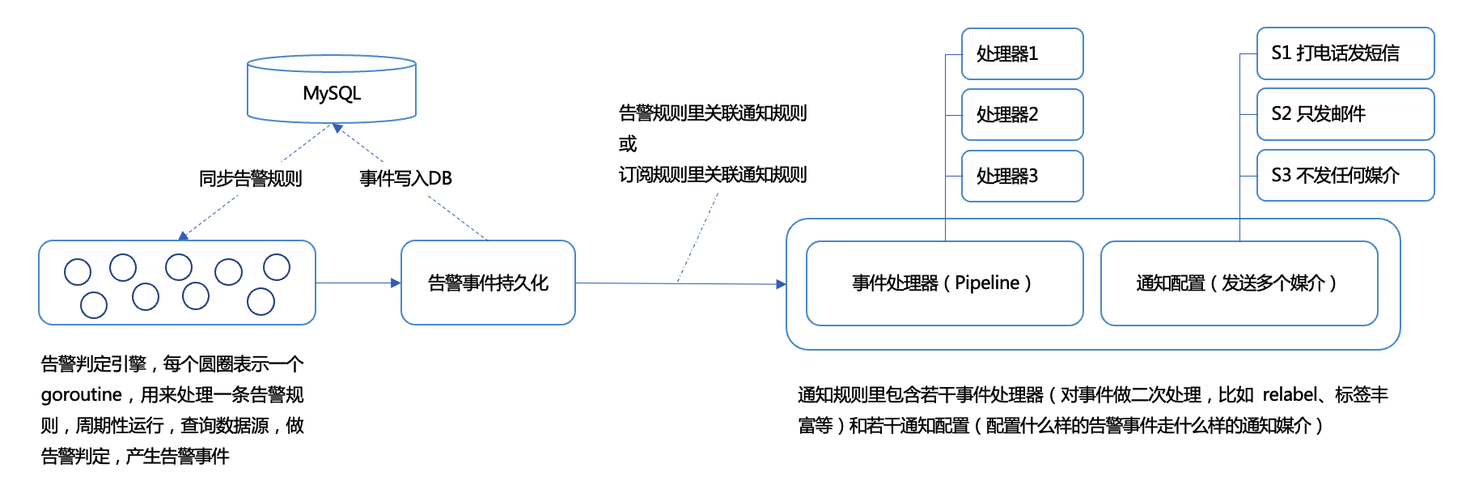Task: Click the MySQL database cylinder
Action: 332,91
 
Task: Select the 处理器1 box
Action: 1022,54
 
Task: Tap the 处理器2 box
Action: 1022,115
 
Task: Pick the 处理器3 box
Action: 1022,176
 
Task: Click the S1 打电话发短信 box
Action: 1345,53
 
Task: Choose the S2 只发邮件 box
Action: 1345,114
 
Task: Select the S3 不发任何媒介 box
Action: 1345,176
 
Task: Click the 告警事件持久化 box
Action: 488,283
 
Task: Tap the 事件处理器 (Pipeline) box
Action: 944,283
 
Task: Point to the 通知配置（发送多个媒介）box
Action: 1239,283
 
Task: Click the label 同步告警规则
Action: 250,178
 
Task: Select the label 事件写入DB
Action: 405,178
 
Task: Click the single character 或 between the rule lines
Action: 628,144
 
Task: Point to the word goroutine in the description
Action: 81,395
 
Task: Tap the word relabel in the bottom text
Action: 1290,395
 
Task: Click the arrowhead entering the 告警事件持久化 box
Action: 396,283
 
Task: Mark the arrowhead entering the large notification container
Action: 781,284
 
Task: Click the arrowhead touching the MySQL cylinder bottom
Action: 337,128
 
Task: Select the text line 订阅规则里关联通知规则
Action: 712,175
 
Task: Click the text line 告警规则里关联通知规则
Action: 712,113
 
